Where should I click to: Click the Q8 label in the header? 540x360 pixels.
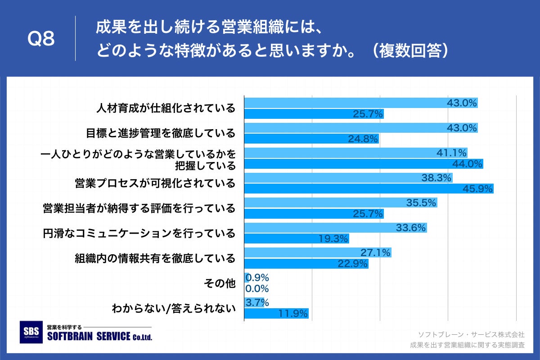click(x=41, y=40)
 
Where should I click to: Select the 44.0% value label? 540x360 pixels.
click(x=468, y=164)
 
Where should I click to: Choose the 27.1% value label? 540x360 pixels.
click(x=375, y=253)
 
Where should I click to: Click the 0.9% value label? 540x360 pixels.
click(x=257, y=278)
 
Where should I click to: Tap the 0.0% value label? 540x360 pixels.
click(x=257, y=288)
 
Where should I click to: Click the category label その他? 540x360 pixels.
click(x=220, y=283)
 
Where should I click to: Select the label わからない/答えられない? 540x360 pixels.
click(x=174, y=308)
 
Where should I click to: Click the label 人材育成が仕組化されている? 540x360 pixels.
click(x=166, y=108)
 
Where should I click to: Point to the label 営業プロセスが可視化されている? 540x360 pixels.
click(x=155, y=184)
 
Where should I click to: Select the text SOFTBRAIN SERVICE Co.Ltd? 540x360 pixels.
click(x=99, y=337)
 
